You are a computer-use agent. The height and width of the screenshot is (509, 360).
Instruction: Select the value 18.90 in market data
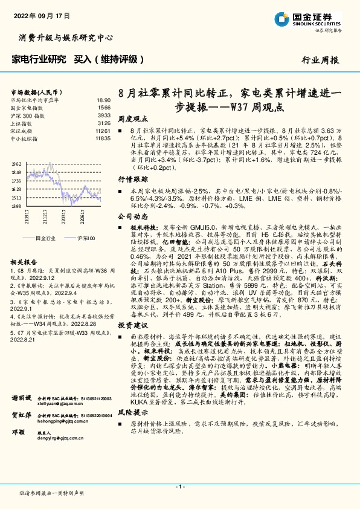click(x=103, y=100)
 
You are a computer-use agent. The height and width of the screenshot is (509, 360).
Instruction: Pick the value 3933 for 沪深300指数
click(x=104, y=115)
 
